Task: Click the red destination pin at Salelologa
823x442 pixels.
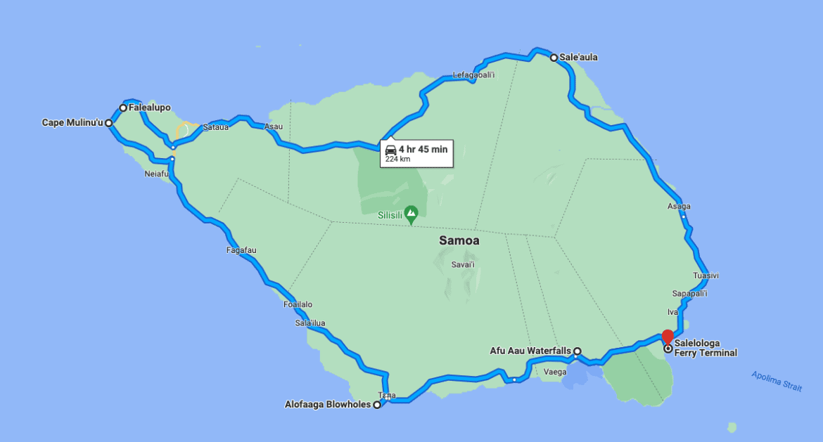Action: (668, 336)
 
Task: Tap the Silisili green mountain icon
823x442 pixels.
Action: (412, 212)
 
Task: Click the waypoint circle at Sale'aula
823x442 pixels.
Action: (554, 58)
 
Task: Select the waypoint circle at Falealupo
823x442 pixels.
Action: (123, 108)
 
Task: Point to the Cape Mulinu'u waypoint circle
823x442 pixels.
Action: (109, 123)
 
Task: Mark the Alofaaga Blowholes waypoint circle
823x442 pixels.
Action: (377, 405)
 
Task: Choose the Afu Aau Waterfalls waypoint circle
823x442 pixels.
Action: (577, 351)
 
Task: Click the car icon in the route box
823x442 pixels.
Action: (390, 149)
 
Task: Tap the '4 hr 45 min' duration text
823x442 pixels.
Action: (423, 149)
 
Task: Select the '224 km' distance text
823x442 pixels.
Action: (397, 160)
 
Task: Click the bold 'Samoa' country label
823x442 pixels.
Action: (459, 240)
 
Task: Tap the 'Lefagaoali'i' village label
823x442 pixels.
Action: (474, 75)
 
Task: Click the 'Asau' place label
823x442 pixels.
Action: (272, 127)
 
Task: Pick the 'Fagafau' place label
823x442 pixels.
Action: (241, 250)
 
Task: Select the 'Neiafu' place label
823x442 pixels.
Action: (157, 174)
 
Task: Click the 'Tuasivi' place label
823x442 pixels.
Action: (706, 275)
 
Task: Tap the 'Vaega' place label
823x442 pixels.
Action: (555, 372)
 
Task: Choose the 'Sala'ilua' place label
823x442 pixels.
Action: (310, 323)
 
